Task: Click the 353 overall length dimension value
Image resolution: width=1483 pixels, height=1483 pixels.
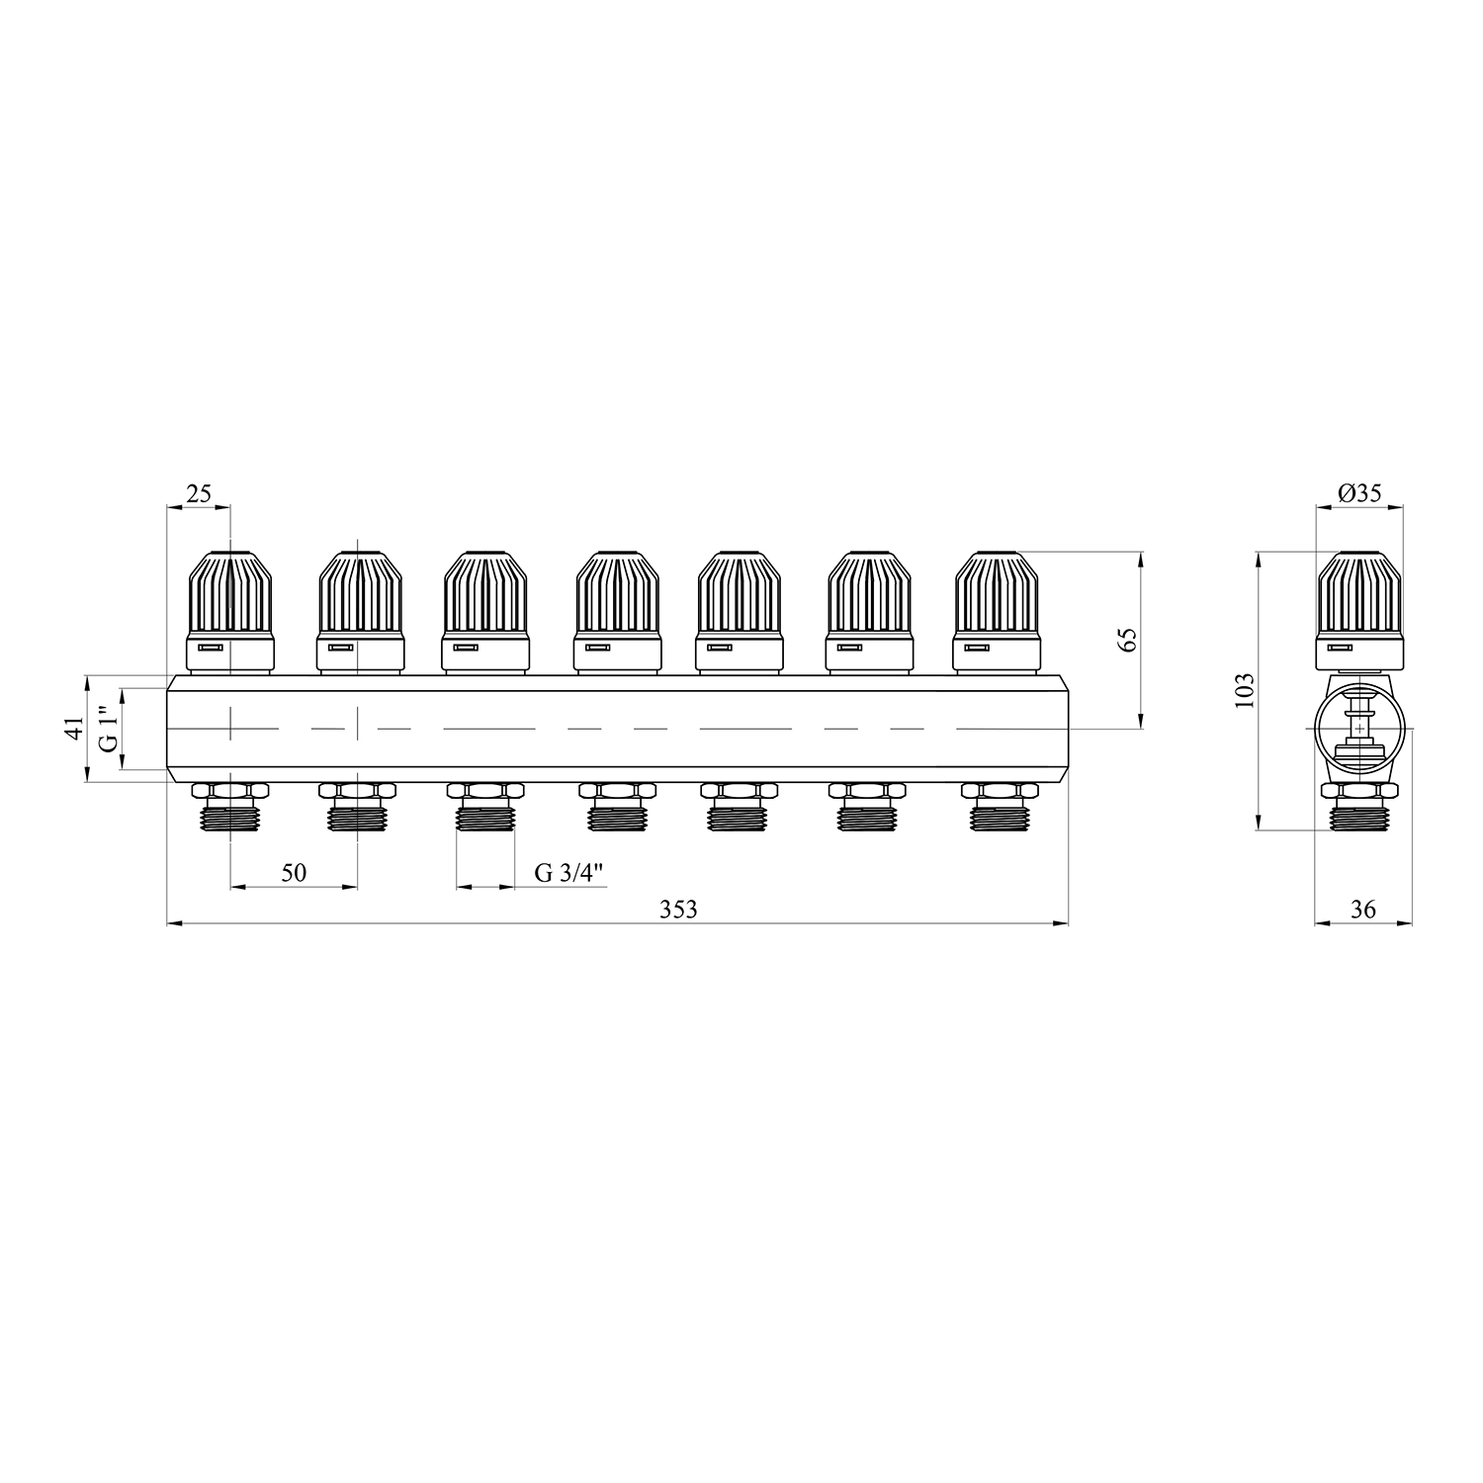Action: [x=678, y=910]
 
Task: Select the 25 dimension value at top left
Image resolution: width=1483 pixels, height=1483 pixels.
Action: [x=199, y=493]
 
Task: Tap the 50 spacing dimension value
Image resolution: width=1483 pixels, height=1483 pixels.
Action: [x=294, y=872]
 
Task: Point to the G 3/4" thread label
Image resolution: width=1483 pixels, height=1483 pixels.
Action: [x=568, y=872]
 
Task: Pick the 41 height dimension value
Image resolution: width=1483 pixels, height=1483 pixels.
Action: [x=70, y=730]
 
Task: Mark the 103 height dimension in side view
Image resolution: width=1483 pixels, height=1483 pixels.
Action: [x=1245, y=691]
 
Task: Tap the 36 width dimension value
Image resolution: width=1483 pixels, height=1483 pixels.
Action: [x=1362, y=910]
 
